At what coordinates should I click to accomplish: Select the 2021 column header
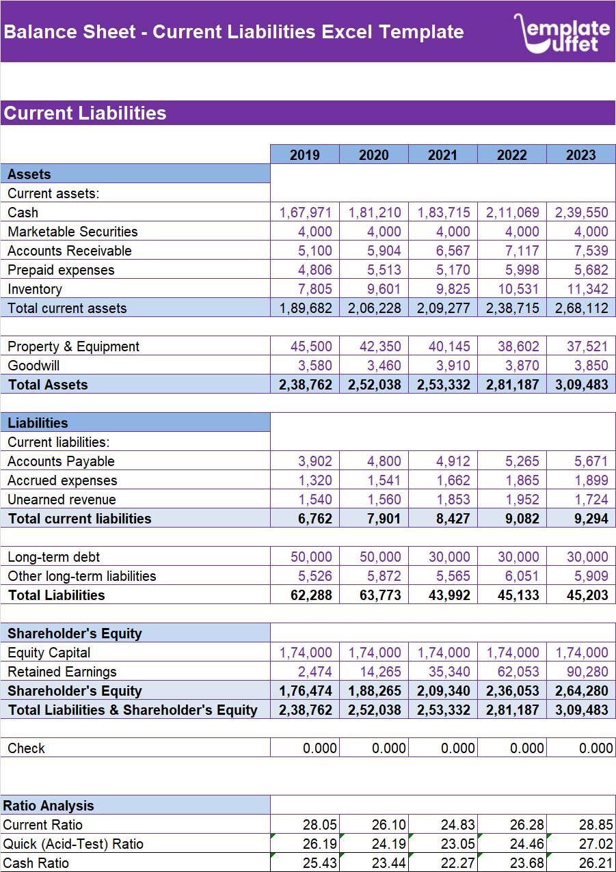[x=442, y=155]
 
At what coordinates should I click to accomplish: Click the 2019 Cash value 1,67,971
[x=305, y=213]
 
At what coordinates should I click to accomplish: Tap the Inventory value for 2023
[x=581, y=289]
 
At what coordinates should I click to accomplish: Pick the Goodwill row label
[x=34, y=366]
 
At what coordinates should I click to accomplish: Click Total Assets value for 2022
[x=511, y=385]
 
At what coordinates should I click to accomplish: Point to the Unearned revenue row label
[x=62, y=500]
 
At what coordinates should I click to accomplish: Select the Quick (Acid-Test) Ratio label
[x=73, y=844]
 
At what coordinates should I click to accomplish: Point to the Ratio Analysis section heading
[x=49, y=806]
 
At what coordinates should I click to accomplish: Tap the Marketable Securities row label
[x=72, y=232]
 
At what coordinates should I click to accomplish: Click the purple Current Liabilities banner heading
[x=85, y=113]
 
